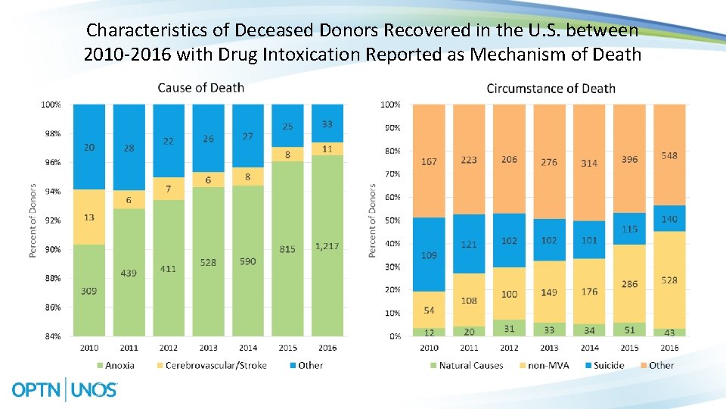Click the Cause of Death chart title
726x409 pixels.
(x=200, y=88)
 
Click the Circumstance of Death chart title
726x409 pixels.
(x=551, y=89)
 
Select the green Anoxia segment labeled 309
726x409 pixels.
(x=89, y=290)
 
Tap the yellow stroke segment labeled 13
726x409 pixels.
(x=89, y=217)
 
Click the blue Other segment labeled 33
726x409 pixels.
(x=326, y=123)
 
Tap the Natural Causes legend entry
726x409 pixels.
(x=467, y=365)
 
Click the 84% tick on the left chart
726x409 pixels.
(x=51, y=336)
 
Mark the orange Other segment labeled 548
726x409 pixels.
(x=669, y=156)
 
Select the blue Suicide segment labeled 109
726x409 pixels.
(x=429, y=255)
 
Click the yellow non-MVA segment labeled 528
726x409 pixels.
(x=669, y=280)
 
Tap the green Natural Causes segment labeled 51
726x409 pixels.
(x=628, y=329)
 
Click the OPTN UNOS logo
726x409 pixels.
(x=65, y=390)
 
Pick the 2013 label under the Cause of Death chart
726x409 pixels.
(x=208, y=348)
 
